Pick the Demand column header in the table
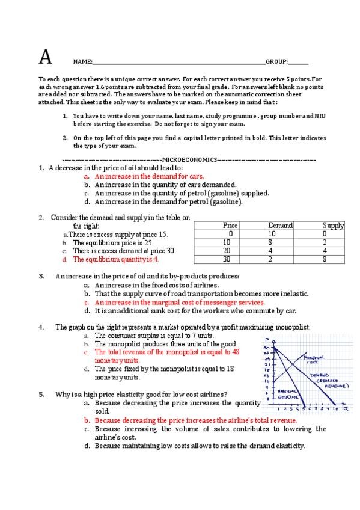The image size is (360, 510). coord(280,226)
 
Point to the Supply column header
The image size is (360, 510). coord(333,226)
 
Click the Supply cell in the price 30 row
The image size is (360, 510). coord(325,259)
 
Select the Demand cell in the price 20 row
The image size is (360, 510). coord(272,251)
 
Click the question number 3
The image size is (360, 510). coord(41,277)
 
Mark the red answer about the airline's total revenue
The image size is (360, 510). coord(196,420)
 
